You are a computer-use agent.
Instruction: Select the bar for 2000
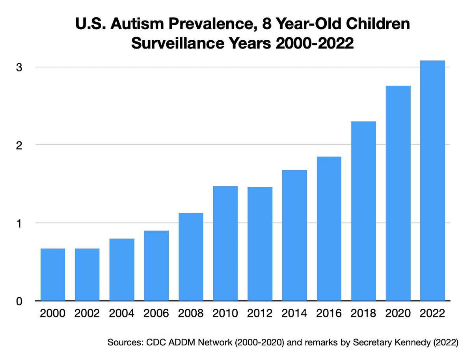[x=53, y=274]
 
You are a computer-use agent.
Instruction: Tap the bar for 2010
[x=225, y=243]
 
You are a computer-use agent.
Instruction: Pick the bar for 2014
[x=294, y=235]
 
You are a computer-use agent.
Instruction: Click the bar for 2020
[x=398, y=193]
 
